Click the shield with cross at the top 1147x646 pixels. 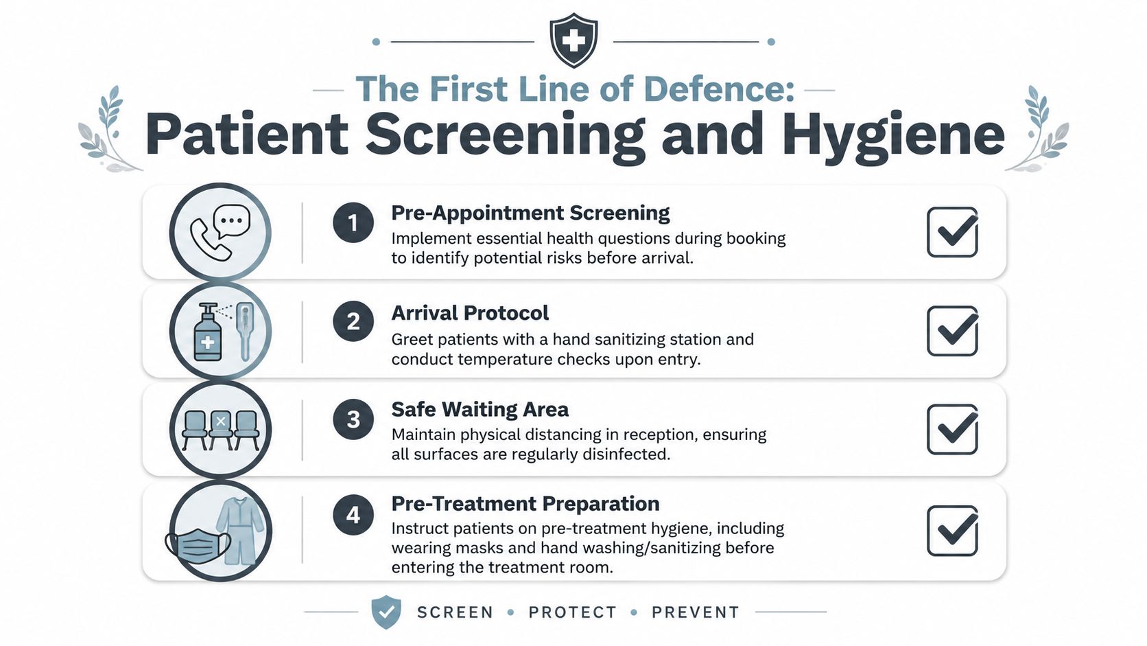pos(573,40)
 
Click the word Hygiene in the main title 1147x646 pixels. pos(893,135)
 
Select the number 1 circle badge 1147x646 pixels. pos(353,222)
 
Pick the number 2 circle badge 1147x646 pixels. pos(353,321)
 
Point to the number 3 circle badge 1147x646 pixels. pos(353,419)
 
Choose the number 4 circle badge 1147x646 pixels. pos(353,515)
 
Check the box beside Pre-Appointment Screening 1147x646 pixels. pos(952,232)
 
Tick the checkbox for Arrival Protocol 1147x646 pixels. pos(952,331)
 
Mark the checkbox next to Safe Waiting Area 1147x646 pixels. pos(952,429)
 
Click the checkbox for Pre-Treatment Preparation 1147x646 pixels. pos(952,531)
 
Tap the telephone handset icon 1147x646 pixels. pos(210,239)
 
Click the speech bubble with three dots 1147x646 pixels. pos(232,221)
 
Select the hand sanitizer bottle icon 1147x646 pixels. pos(208,332)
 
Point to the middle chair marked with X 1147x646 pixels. pos(221,429)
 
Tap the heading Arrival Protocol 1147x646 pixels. pos(469,312)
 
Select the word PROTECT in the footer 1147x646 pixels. pos(573,612)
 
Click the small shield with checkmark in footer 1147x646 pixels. pos(386,612)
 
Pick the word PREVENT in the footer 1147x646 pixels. pos(696,612)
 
